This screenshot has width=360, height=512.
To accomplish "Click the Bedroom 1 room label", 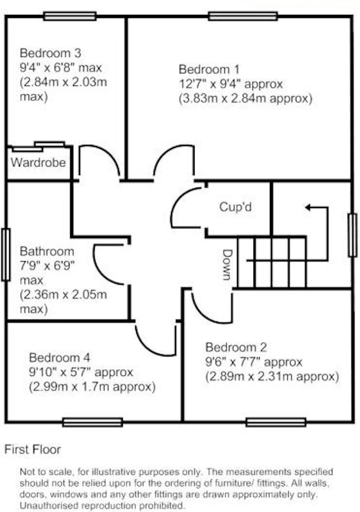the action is click(209, 70).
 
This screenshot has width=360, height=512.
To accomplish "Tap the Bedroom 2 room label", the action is click(236, 348).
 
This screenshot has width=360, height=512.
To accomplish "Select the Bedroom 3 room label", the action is click(50, 53).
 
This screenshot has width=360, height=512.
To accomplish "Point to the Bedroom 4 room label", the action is click(59, 357).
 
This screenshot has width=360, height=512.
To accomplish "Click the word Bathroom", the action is click(47, 251).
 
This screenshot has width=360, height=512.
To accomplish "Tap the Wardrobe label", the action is click(38, 162).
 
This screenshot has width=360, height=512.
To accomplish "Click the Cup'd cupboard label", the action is click(236, 207).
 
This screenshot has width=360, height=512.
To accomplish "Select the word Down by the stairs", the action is click(227, 265).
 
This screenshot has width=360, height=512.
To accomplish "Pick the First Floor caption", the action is click(33, 450).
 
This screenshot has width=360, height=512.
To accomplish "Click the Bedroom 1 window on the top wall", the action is click(243, 16).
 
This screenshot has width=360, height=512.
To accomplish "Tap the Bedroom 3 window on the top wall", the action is click(70, 16).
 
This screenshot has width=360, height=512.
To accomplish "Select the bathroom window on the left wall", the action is click(6, 254).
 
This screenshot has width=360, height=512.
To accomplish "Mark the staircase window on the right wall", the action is click(352, 235).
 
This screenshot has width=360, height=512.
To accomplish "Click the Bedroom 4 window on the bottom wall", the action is click(93, 422).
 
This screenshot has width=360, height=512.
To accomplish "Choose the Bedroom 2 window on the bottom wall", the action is click(276, 422).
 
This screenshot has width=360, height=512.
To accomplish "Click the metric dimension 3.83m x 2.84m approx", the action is click(246, 99).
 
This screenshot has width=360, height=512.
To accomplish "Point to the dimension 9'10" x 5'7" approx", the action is click(81, 372).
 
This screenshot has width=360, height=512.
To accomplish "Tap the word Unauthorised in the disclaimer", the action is click(50, 505).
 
